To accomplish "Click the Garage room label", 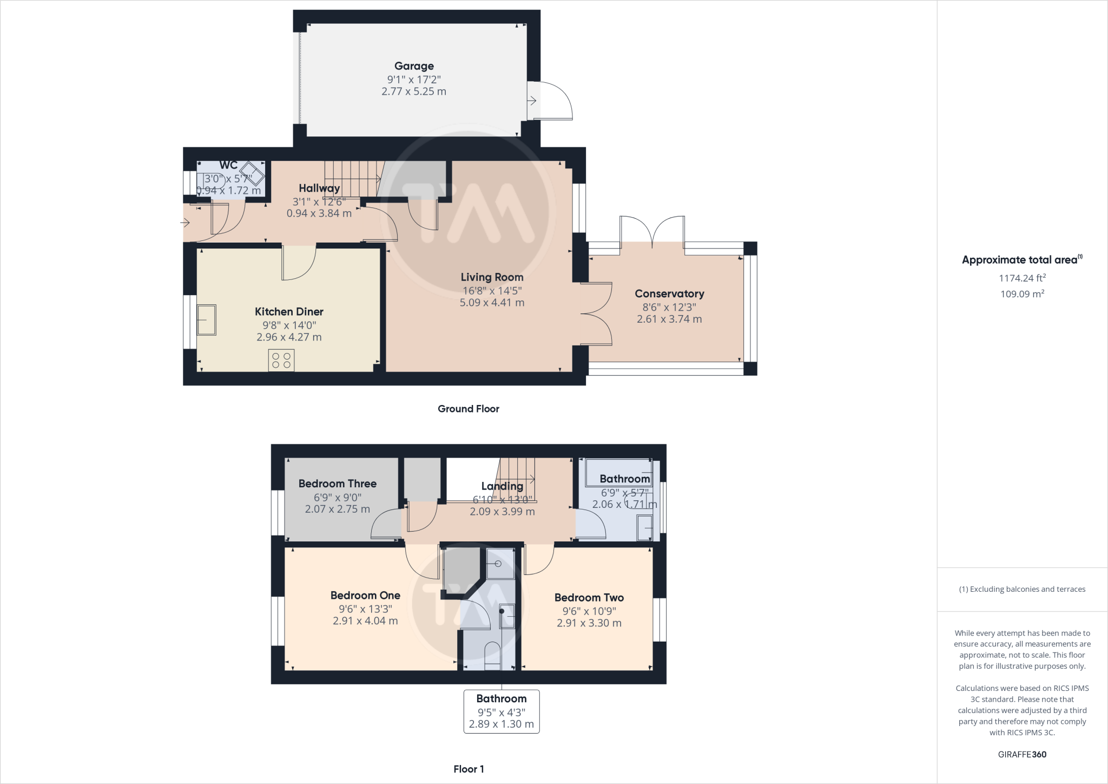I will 414,66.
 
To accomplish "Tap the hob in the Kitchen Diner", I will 281,360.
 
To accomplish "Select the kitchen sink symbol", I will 207,320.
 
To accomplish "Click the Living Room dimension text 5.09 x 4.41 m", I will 492,303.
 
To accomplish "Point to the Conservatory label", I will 669,293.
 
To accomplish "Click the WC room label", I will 228,165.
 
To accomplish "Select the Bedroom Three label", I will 337,484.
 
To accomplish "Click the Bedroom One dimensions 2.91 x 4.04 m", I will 365,621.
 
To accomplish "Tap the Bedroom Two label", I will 589,598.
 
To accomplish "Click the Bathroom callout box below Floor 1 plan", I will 502,711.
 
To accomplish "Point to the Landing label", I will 502,486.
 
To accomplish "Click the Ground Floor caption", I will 468,409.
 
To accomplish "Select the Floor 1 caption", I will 469,769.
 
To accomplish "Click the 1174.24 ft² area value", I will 1022,278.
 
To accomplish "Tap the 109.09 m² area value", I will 1022,294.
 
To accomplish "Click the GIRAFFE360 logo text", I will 1022,754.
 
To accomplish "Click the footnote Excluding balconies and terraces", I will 1022,589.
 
